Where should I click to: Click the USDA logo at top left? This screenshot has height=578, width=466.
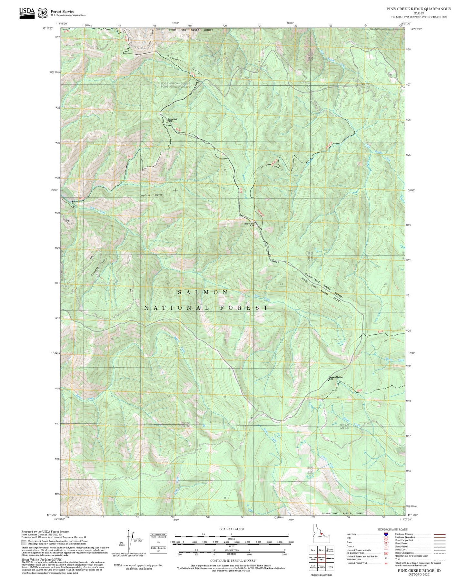27,13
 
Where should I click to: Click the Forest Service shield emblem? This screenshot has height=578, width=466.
43,13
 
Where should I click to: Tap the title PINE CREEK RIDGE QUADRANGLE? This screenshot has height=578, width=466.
419,9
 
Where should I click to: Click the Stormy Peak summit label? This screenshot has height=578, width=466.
172,119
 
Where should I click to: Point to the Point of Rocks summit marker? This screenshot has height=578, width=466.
255,222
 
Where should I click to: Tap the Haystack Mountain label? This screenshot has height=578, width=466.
336,377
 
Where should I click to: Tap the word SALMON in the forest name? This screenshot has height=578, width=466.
203,292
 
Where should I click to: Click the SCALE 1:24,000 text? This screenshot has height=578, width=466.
232,529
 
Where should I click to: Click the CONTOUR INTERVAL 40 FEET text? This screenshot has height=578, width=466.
233,561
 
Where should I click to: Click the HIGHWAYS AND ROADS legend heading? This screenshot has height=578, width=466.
392,529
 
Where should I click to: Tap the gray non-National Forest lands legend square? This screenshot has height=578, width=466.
24,542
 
